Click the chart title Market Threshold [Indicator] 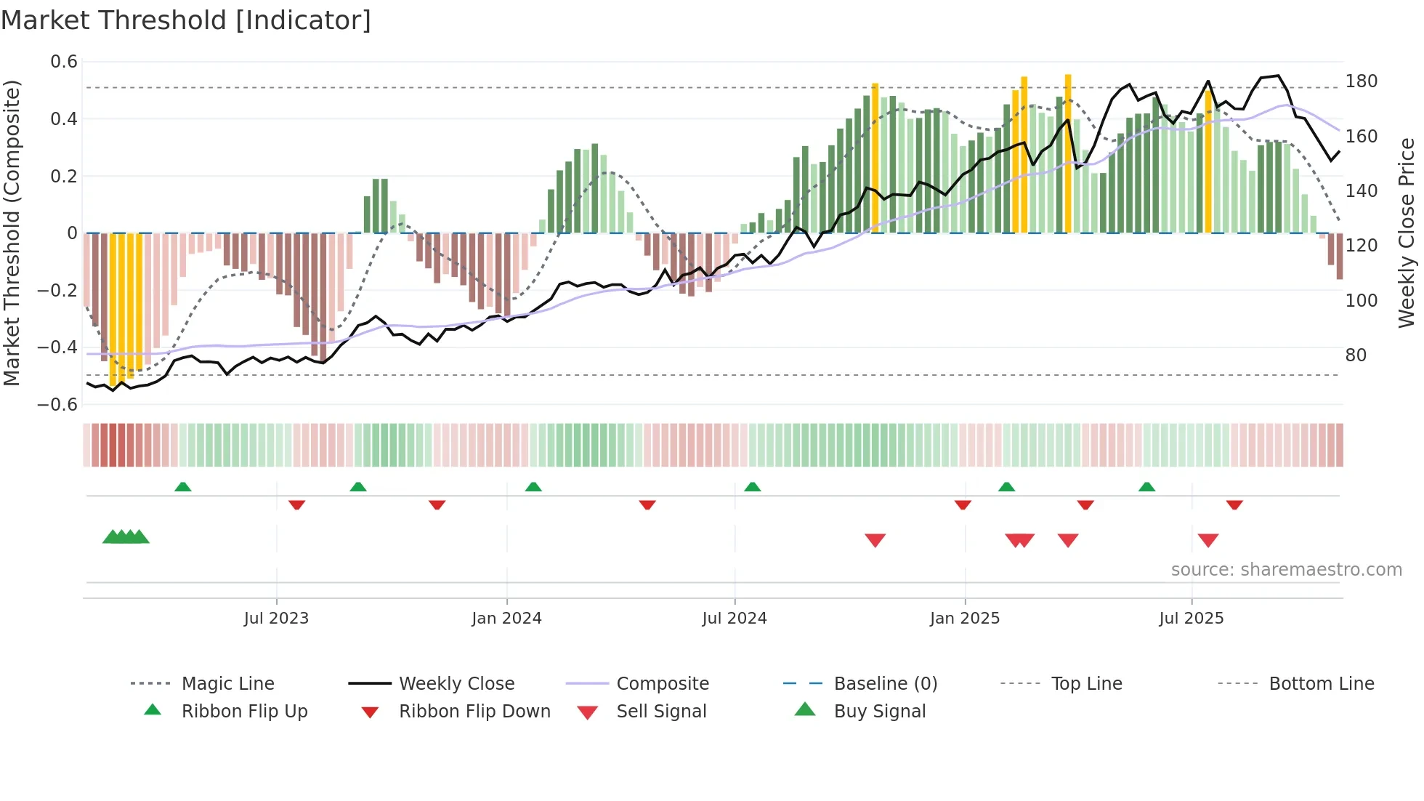186,20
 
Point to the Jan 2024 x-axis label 506,618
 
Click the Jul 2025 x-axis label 1191,618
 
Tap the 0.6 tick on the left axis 64,62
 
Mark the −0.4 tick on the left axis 57,347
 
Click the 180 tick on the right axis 1361,81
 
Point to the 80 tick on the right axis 1356,355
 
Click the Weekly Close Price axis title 1407,233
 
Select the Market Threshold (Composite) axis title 12,233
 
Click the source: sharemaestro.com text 1286,569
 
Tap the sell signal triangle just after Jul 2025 1207,540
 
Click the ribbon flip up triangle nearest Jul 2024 752,486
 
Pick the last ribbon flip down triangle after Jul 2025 1234,504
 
